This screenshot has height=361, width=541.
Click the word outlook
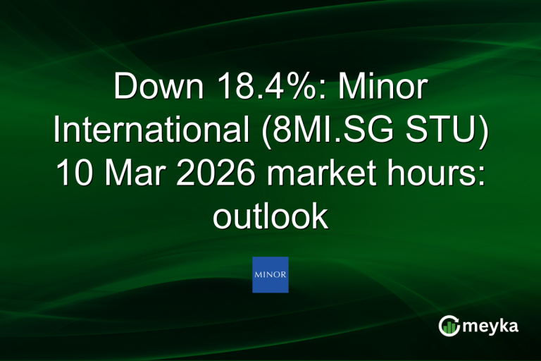[270, 217]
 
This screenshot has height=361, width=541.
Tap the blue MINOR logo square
[270, 274]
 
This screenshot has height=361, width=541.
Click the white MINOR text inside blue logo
[270, 274]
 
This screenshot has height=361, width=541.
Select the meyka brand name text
[492, 326]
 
